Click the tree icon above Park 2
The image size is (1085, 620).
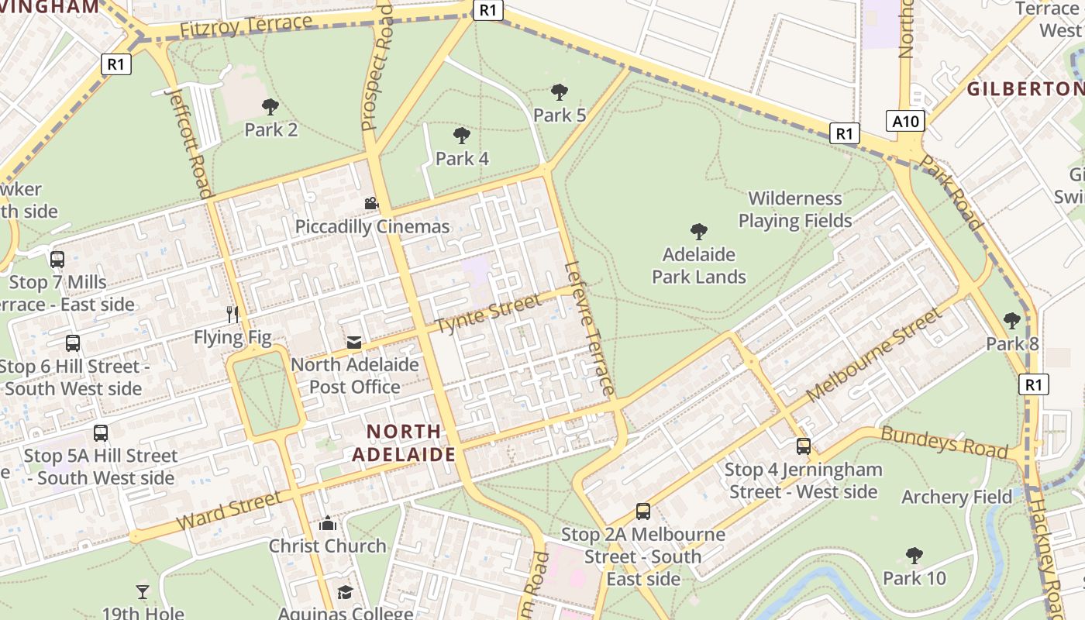(270, 107)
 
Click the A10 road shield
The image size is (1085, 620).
(905, 121)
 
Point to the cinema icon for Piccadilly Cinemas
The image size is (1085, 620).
(371, 203)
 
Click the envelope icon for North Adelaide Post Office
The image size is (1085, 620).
(354, 343)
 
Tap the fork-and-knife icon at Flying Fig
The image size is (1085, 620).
(232, 314)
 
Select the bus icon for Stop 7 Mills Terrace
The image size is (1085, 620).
(57, 260)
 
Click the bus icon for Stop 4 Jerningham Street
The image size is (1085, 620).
(804, 446)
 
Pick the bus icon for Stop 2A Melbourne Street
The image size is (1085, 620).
(643, 511)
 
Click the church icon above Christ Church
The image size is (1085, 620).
(328, 523)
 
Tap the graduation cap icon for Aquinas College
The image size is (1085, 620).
(345, 593)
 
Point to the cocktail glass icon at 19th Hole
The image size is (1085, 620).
(143, 592)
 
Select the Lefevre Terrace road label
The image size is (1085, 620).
(591, 329)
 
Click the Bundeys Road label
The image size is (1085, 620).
(945, 441)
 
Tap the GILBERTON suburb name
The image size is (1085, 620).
(1025, 88)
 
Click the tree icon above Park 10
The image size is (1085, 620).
(914, 555)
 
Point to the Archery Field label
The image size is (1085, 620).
(956, 497)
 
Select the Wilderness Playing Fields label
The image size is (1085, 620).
(795, 210)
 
